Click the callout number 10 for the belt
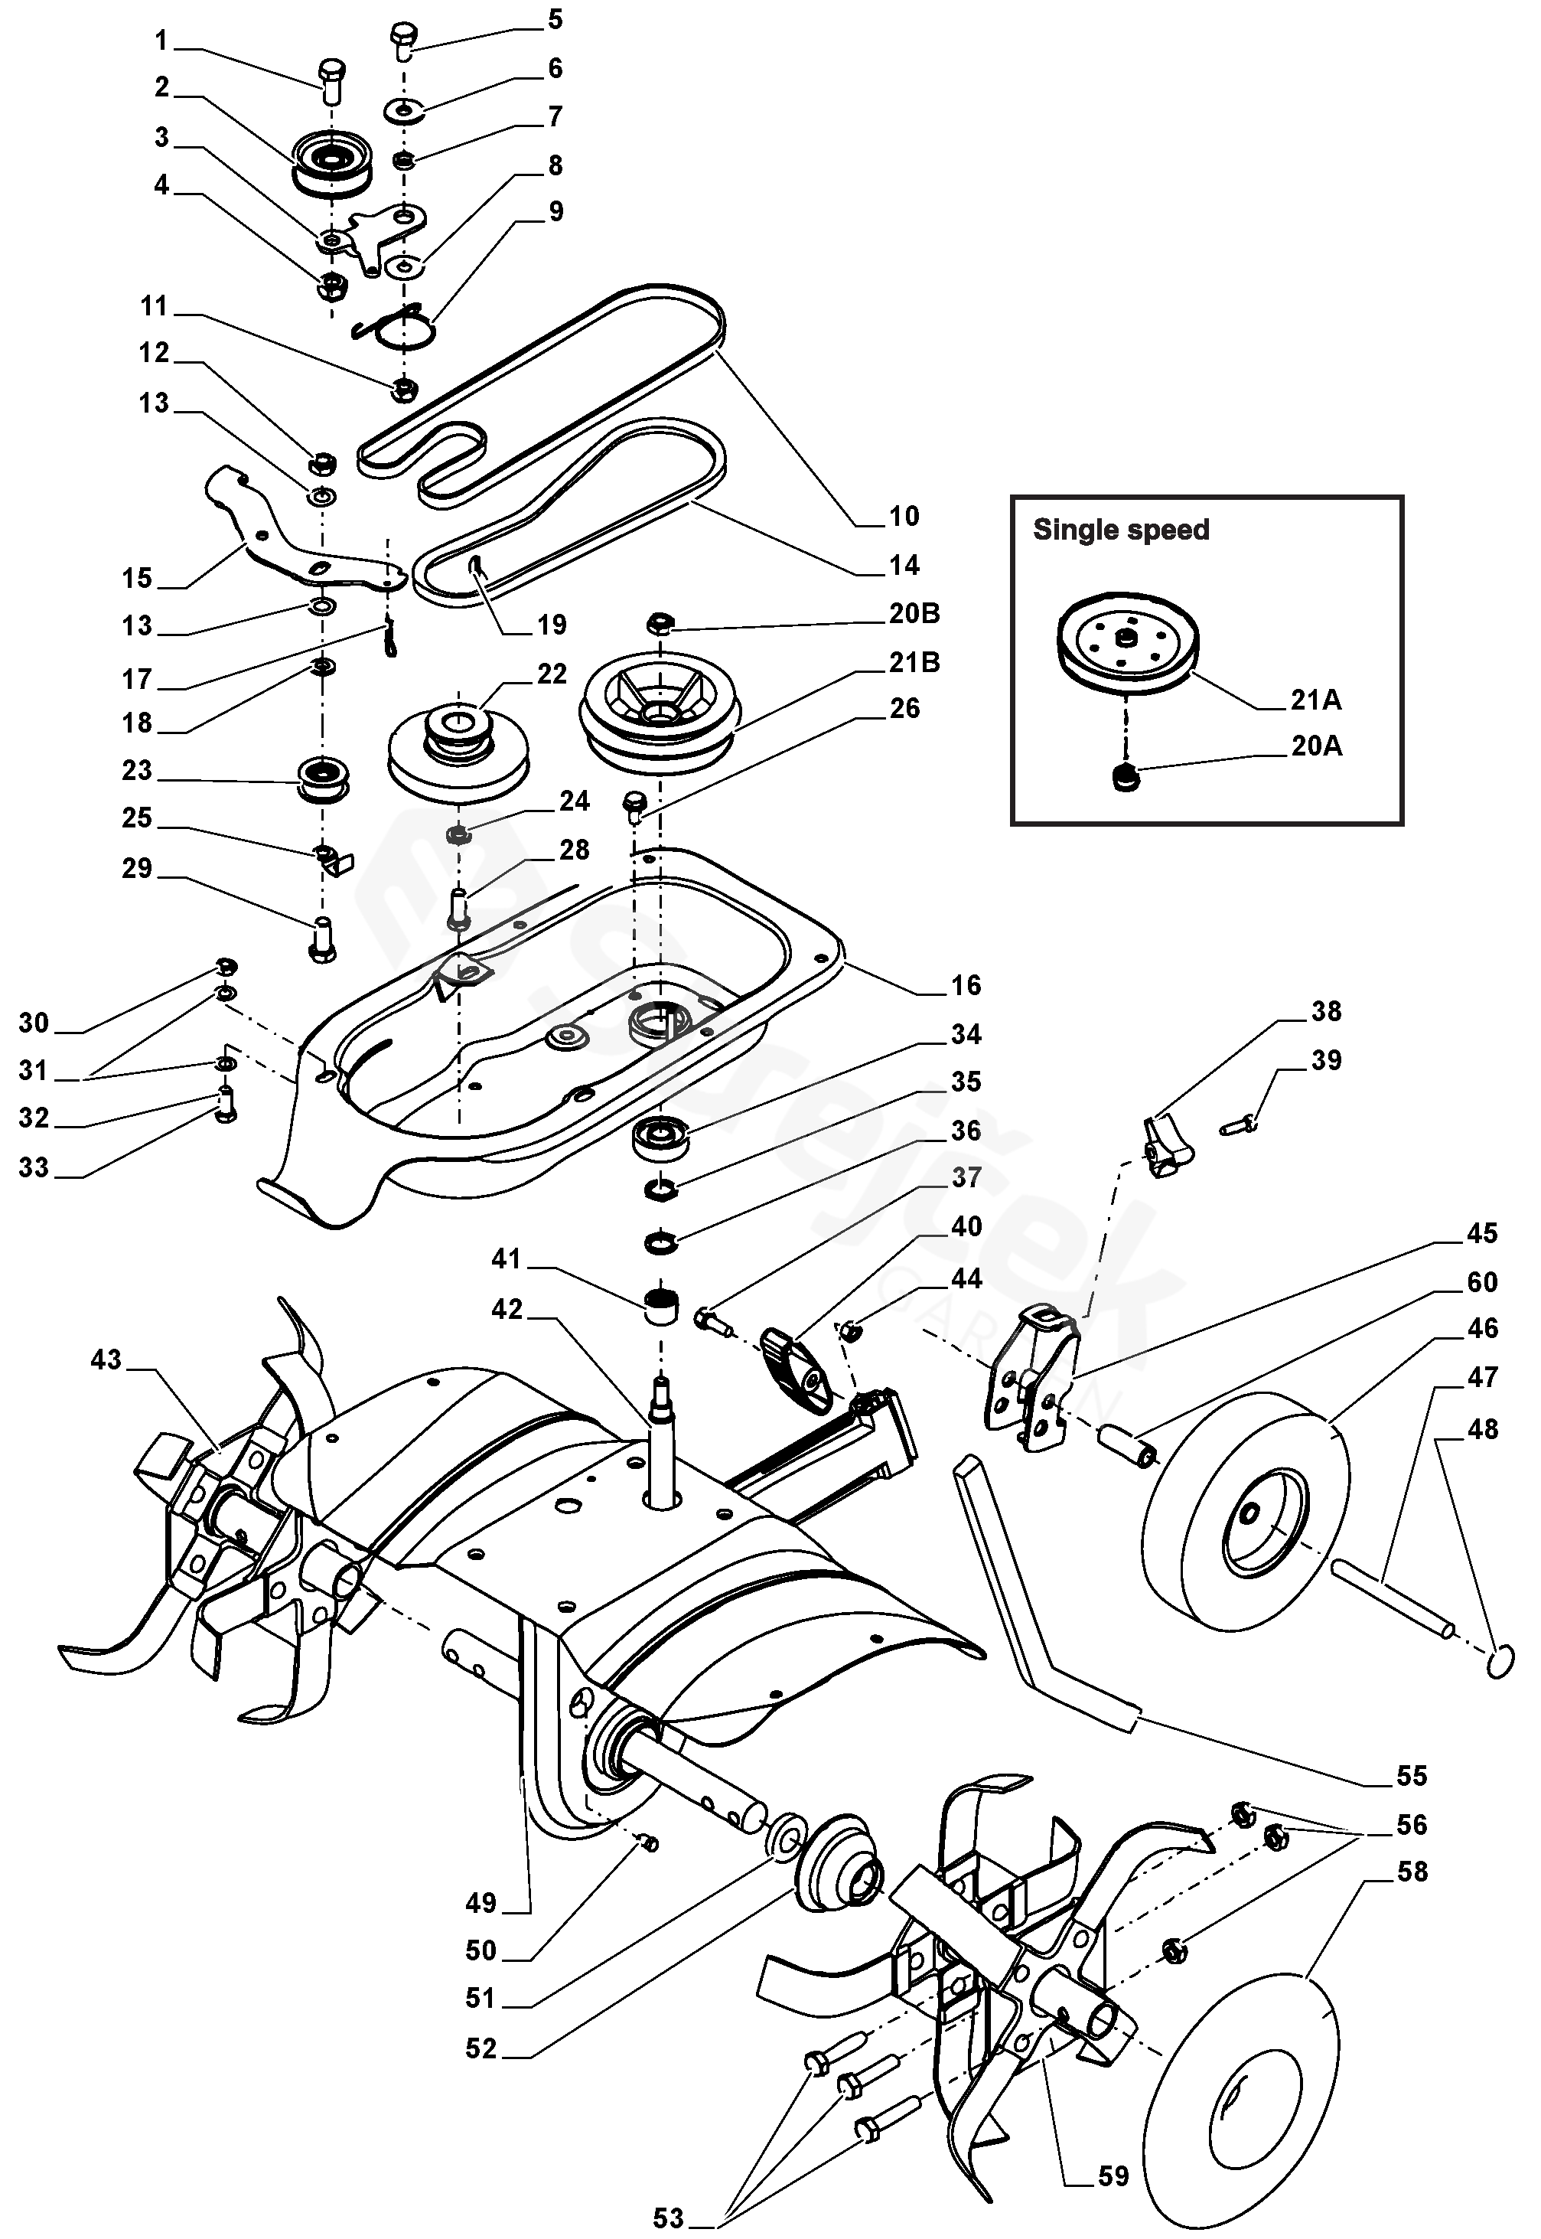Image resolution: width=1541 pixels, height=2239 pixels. (904, 516)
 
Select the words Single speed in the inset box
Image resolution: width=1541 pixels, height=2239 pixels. (1120, 530)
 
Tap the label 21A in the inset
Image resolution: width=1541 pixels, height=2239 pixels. (1315, 700)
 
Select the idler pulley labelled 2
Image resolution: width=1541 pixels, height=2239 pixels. (332, 162)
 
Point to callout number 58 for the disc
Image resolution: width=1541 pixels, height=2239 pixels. (1412, 1871)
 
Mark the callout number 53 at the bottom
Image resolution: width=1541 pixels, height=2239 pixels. (668, 2218)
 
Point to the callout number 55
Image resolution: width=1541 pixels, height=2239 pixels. (1412, 1774)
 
